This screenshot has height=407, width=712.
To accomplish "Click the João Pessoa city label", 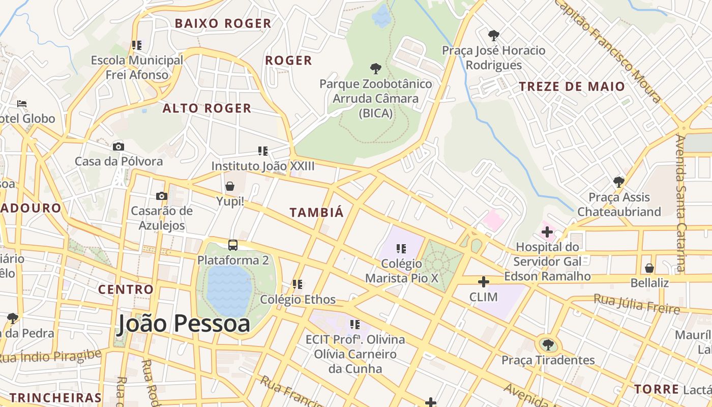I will pyautogui.click(x=184, y=324).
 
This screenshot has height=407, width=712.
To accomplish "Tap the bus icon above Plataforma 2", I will pyautogui.click(x=233, y=245).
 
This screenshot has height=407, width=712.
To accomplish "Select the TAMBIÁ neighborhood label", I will pyautogui.click(x=317, y=213).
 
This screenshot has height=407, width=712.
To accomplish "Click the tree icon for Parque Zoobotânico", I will pyautogui.click(x=376, y=68).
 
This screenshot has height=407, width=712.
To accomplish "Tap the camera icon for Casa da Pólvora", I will pyautogui.click(x=118, y=147).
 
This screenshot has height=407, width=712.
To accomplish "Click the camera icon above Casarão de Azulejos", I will pyautogui.click(x=162, y=196).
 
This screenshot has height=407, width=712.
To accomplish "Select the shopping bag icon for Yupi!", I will pyautogui.click(x=230, y=186).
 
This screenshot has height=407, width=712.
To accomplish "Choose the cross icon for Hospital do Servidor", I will pyautogui.click(x=547, y=232).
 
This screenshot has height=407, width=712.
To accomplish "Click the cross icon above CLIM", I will pyautogui.click(x=484, y=281).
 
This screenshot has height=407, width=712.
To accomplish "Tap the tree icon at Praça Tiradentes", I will pyautogui.click(x=548, y=345).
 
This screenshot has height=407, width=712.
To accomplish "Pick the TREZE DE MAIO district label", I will pyautogui.click(x=572, y=86).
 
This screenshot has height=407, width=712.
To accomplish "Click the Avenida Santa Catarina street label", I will pyautogui.click(x=680, y=203).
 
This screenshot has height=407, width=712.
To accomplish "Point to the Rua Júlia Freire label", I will pyautogui.click(x=636, y=304).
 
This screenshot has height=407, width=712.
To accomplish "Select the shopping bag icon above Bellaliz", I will pyautogui.click(x=649, y=268).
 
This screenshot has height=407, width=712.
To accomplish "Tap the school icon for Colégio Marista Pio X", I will pyautogui.click(x=401, y=249).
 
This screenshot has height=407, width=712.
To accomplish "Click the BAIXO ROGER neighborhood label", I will pyautogui.click(x=223, y=23).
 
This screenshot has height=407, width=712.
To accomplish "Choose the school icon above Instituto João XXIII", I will pyautogui.click(x=263, y=151).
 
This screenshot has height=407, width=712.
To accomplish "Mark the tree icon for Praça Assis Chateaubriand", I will pyautogui.click(x=619, y=182).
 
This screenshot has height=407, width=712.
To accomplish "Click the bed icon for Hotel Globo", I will pyautogui.click(x=22, y=104).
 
